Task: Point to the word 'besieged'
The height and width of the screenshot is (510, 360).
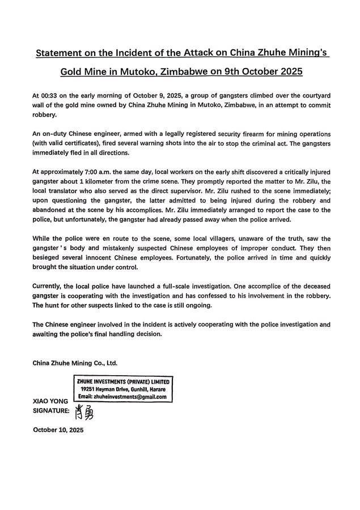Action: (x=49, y=257)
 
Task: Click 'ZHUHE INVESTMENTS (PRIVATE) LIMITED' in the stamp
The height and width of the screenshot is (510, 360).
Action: (x=124, y=382)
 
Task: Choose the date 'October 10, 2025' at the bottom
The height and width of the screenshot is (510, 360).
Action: (x=58, y=430)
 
